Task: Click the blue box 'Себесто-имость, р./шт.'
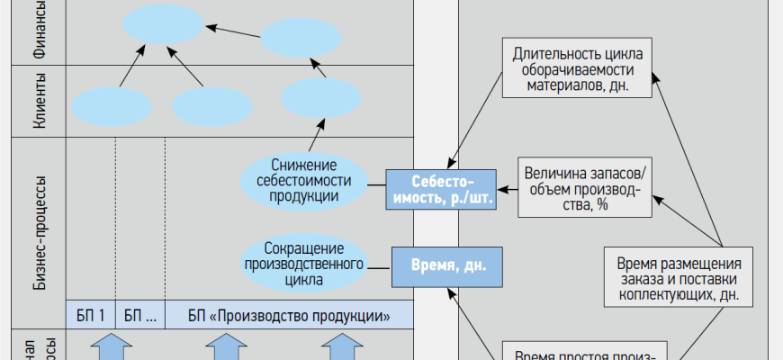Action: point(441,189)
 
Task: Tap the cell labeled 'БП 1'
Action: point(91,315)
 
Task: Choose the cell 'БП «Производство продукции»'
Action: point(289,315)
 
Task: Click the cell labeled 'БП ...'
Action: point(140,315)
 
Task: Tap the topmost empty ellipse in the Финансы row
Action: point(164,24)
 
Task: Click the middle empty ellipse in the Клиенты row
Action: point(212,106)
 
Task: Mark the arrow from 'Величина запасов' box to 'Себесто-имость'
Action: point(508,189)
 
